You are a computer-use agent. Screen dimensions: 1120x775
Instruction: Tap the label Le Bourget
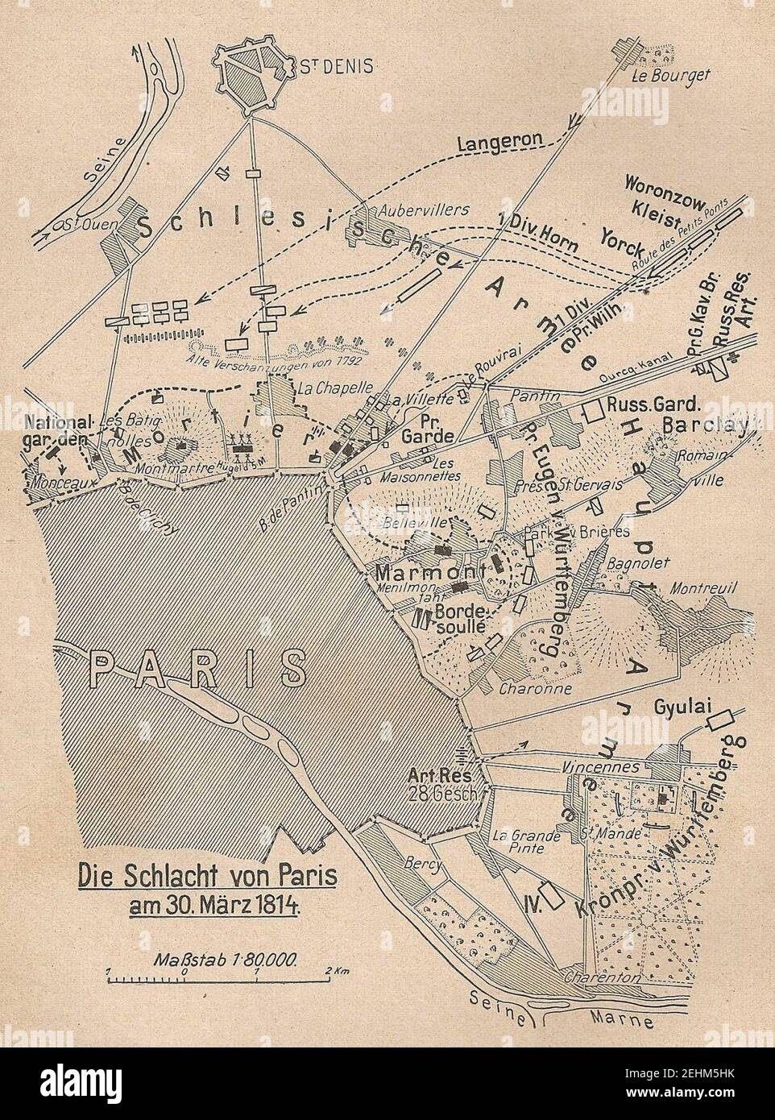[661, 76]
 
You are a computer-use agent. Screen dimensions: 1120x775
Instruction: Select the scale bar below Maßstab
[218, 978]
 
